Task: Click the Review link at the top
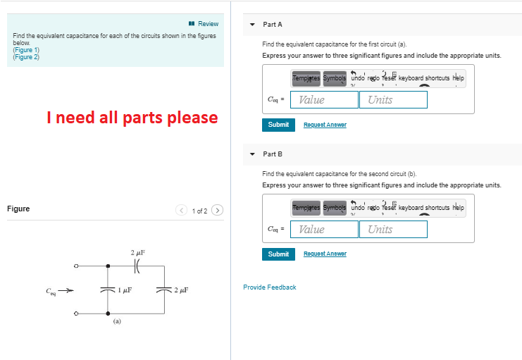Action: click(204, 24)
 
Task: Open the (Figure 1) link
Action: click(26, 50)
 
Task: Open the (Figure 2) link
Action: click(26, 57)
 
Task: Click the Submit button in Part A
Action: click(278, 125)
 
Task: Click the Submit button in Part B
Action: click(278, 254)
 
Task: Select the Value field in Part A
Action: click(325, 99)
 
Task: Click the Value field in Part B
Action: click(325, 229)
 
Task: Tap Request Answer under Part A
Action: click(325, 125)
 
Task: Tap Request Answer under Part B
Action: click(325, 254)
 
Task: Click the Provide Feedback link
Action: click(270, 287)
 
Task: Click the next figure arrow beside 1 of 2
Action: click(218, 210)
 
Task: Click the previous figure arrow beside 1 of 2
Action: click(182, 210)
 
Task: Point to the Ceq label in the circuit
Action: click(50, 290)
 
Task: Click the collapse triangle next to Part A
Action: click(252, 25)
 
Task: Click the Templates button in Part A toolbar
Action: click(305, 78)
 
